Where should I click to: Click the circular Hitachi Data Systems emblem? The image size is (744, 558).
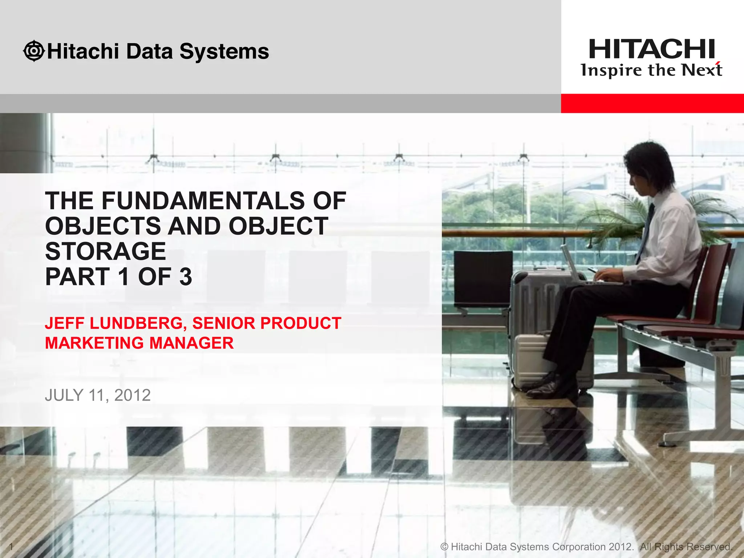pyautogui.click(x=34, y=51)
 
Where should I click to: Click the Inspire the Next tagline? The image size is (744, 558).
pyautogui.click(x=651, y=70)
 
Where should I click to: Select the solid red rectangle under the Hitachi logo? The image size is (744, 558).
pyautogui.click(x=652, y=103)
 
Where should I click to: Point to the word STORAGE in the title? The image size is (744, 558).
pyautogui.click(x=105, y=251)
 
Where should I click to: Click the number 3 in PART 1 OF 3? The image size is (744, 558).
pyautogui.click(x=185, y=277)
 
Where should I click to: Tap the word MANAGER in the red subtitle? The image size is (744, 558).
pyautogui.click(x=191, y=343)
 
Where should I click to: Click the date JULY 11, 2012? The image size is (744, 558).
pyautogui.click(x=98, y=395)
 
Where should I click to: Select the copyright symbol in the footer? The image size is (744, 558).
pyautogui.click(x=444, y=546)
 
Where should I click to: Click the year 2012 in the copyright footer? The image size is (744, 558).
pyautogui.click(x=621, y=546)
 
